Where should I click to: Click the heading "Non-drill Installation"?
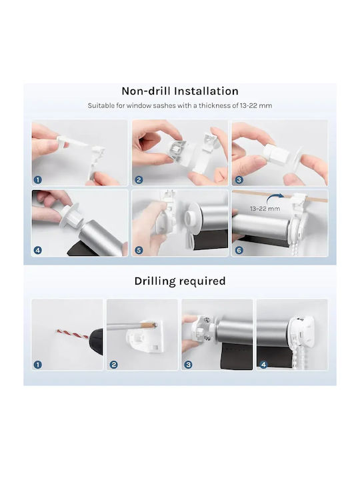180,91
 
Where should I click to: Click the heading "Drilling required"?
180,281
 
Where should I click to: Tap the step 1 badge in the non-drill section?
37,180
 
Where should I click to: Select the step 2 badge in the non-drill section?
139,180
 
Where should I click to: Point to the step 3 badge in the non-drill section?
239,180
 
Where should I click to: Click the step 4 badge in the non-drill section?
37,251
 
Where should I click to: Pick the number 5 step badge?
139,251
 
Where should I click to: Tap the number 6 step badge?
239,251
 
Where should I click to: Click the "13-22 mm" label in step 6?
265,209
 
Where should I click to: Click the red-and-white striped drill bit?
73,334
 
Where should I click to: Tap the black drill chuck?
96,341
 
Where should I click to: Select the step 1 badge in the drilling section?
37,365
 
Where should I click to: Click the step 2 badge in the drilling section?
113,365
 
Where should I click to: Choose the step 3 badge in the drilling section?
188,365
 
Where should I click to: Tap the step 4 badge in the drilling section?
263,365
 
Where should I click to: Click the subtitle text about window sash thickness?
180,105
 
